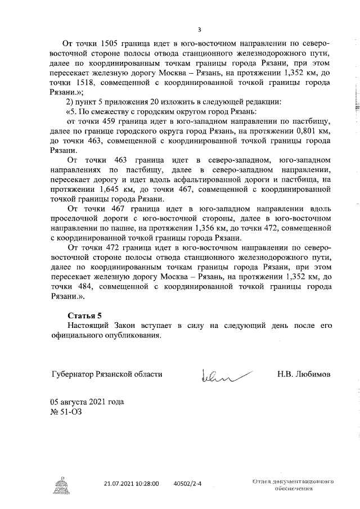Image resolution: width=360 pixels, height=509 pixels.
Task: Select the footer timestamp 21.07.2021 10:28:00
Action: click(x=132, y=483)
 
